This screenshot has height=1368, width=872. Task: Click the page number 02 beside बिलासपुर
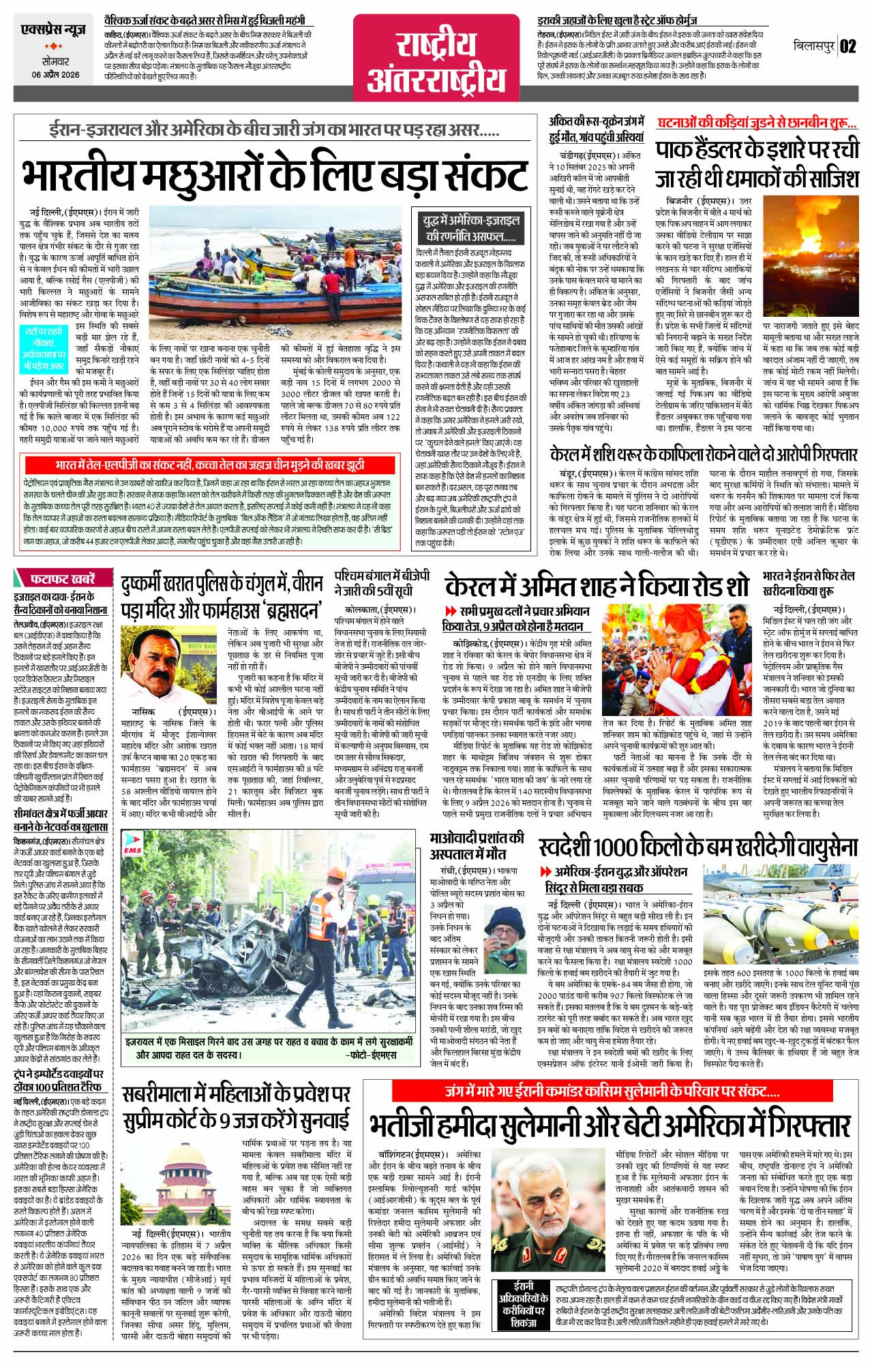[x=847, y=46]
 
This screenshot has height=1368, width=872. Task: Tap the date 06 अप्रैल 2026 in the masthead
[x=55, y=75]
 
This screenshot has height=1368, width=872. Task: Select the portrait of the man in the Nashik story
[x=157, y=659]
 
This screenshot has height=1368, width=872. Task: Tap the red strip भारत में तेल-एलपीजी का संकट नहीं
[x=211, y=465]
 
